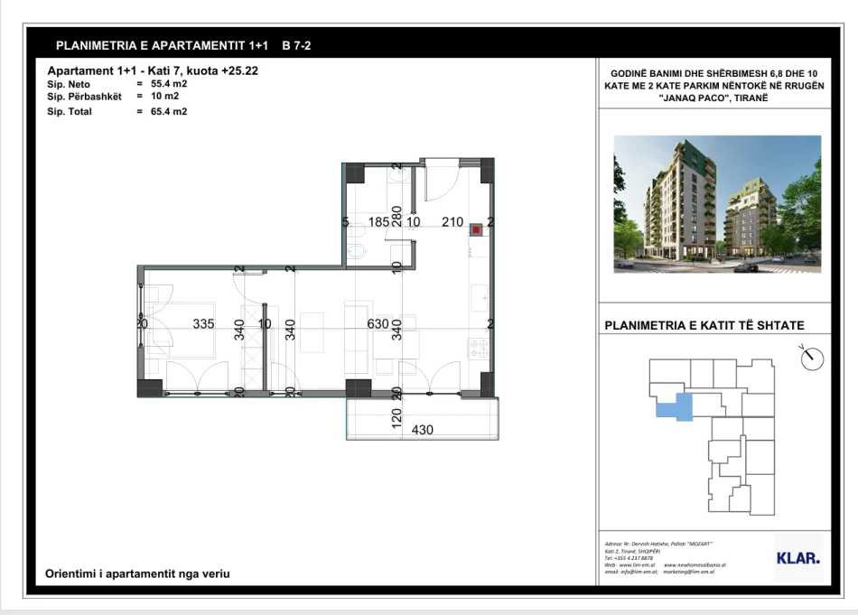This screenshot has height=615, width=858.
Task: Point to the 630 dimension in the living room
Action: [377, 324]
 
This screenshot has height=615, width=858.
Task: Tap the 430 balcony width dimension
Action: [422, 430]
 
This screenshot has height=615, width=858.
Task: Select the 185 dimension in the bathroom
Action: [378, 221]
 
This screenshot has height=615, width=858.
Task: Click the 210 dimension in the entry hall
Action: [452, 221]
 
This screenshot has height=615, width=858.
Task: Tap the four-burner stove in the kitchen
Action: [476, 346]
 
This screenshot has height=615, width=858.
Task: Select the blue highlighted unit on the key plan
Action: [676, 405]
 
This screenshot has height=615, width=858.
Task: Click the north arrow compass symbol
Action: [813, 358]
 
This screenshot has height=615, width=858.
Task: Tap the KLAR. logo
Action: [797, 558]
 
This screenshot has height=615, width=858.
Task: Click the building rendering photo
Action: [717, 204]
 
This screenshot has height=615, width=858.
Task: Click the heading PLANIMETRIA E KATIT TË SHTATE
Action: [704, 326]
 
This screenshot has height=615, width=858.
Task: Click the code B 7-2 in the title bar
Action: [297, 45]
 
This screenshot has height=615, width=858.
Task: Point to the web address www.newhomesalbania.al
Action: [695, 564]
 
